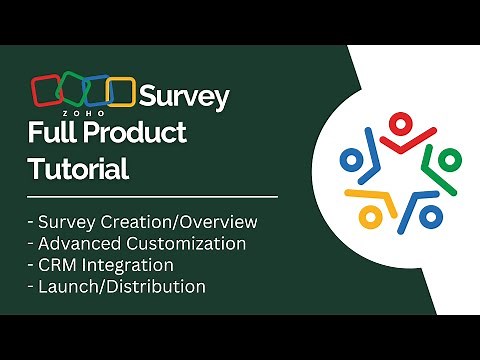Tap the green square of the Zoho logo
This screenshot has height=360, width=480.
tap(72, 92)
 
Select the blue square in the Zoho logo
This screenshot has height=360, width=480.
tap(96, 92)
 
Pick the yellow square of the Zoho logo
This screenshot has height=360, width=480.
tap(120, 92)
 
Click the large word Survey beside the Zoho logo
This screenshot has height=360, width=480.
tap(184, 97)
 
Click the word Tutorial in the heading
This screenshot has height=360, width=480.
tap(78, 168)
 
